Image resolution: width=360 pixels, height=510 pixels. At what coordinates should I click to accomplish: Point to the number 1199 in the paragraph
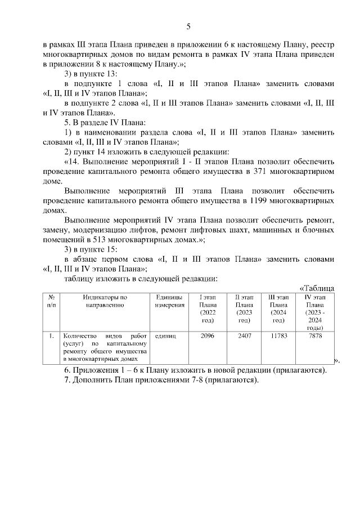pyautogui.click(x=259, y=200)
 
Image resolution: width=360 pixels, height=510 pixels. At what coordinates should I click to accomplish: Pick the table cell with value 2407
pyautogui.click(x=244, y=335)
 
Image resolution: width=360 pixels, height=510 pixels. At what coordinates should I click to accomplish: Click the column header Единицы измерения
pyautogui.click(x=169, y=301)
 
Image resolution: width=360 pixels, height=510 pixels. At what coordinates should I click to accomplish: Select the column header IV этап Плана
pyautogui.click(x=315, y=312)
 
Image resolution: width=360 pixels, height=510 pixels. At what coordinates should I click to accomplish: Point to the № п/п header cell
pyautogui.click(x=51, y=301)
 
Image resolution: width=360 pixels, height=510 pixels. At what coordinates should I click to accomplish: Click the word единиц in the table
pyautogui.click(x=165, y=335)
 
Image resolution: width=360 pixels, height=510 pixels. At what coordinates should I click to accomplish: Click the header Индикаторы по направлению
pyautogui.click(x=105, y=301)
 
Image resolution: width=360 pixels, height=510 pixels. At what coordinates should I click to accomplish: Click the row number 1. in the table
pyautogui.click(x=51, y=335)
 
